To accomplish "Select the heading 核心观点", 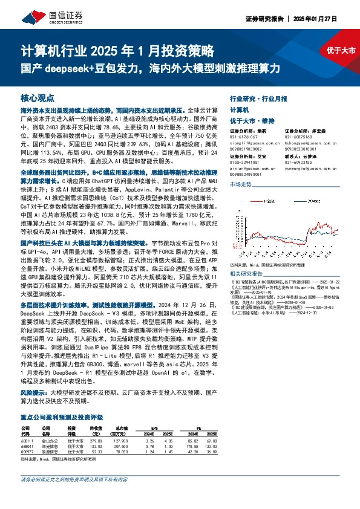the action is [38, 97].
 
